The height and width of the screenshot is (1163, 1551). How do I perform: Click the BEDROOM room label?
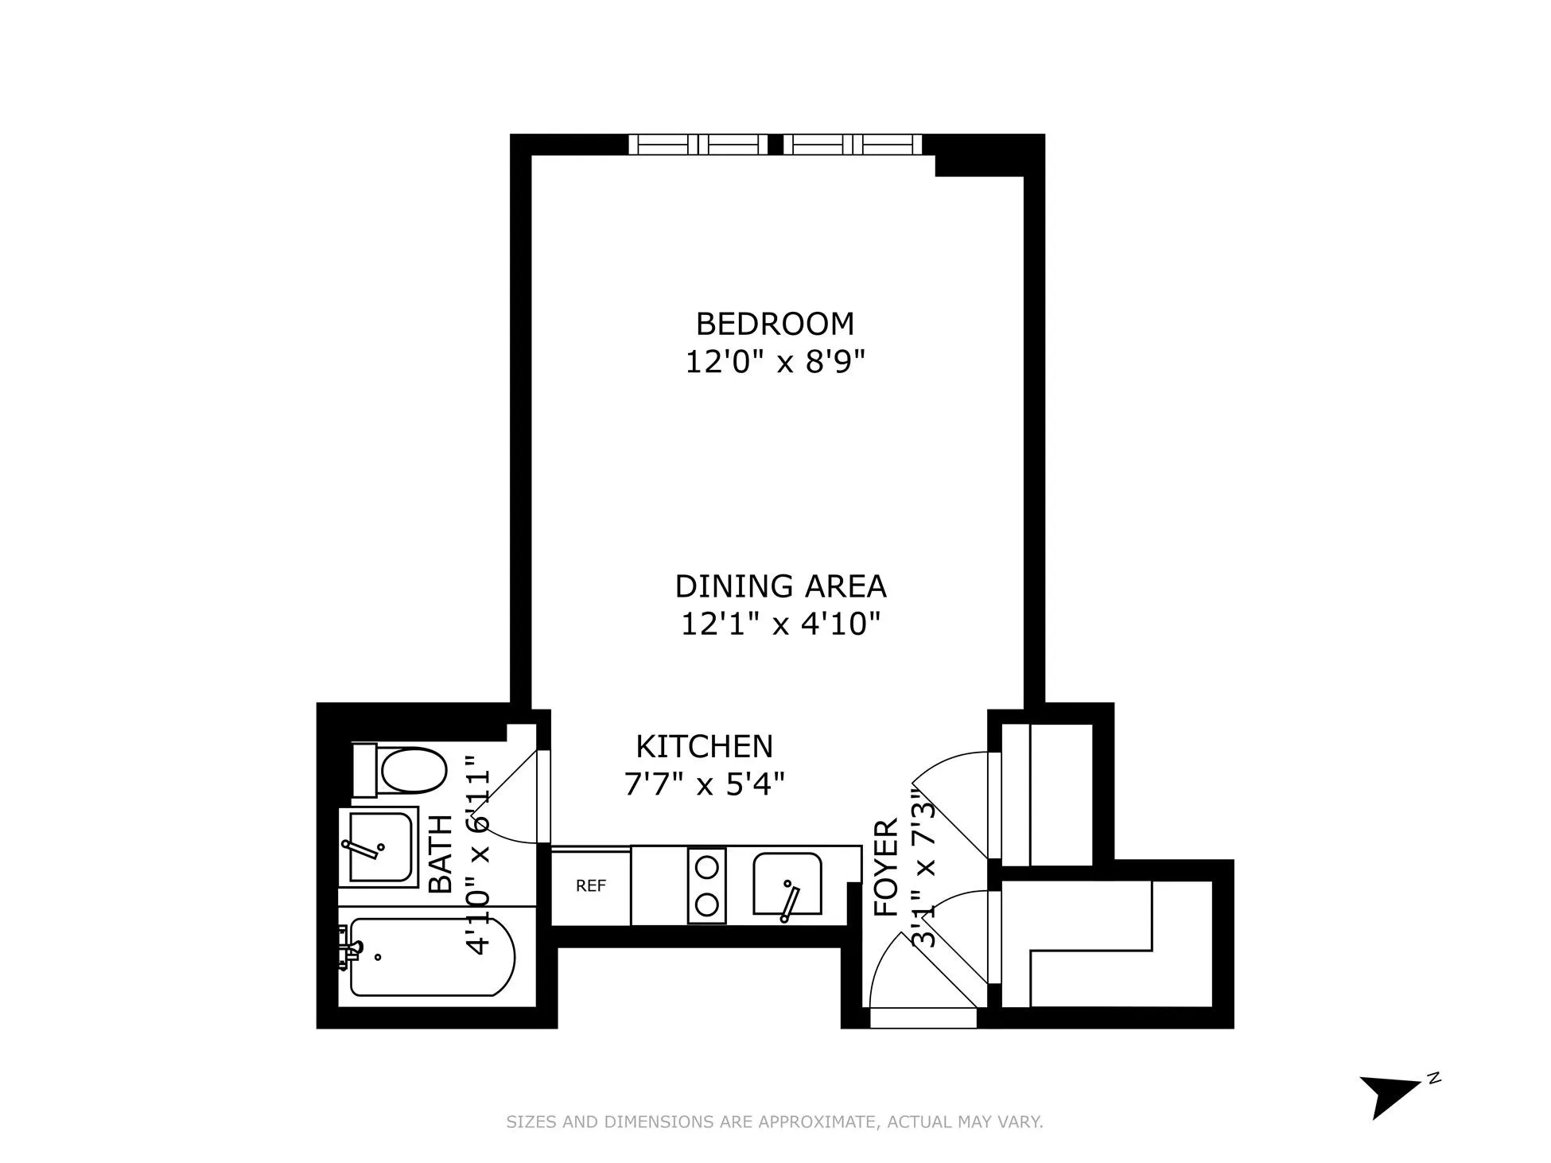click(774, 324)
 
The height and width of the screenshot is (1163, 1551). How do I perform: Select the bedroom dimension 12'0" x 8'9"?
click(774, 363)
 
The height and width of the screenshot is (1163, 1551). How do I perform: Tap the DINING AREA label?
click(779, 586)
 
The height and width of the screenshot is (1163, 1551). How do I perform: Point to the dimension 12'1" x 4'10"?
click(779, 624)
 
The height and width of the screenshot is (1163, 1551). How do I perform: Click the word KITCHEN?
click(704, 746)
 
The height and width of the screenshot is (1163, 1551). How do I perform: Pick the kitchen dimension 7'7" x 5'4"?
click(704, 785)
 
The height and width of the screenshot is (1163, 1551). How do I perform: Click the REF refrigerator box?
click(591, 886)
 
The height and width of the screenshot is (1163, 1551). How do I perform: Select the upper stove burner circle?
click(707, 865)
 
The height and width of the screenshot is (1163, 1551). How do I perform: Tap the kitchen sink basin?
click(787, 884)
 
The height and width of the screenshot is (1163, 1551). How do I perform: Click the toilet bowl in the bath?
click(412, 770)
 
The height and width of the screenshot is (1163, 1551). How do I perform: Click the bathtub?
click(430, 957)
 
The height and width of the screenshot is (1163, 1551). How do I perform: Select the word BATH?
click(440, 854)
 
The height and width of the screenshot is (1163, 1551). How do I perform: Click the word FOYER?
click(886, 868)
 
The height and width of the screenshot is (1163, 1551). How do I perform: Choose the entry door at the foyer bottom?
click(923, 1017)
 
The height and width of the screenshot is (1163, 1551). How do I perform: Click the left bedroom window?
click(698, 145)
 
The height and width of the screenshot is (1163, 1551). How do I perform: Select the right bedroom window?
click(853, 145)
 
